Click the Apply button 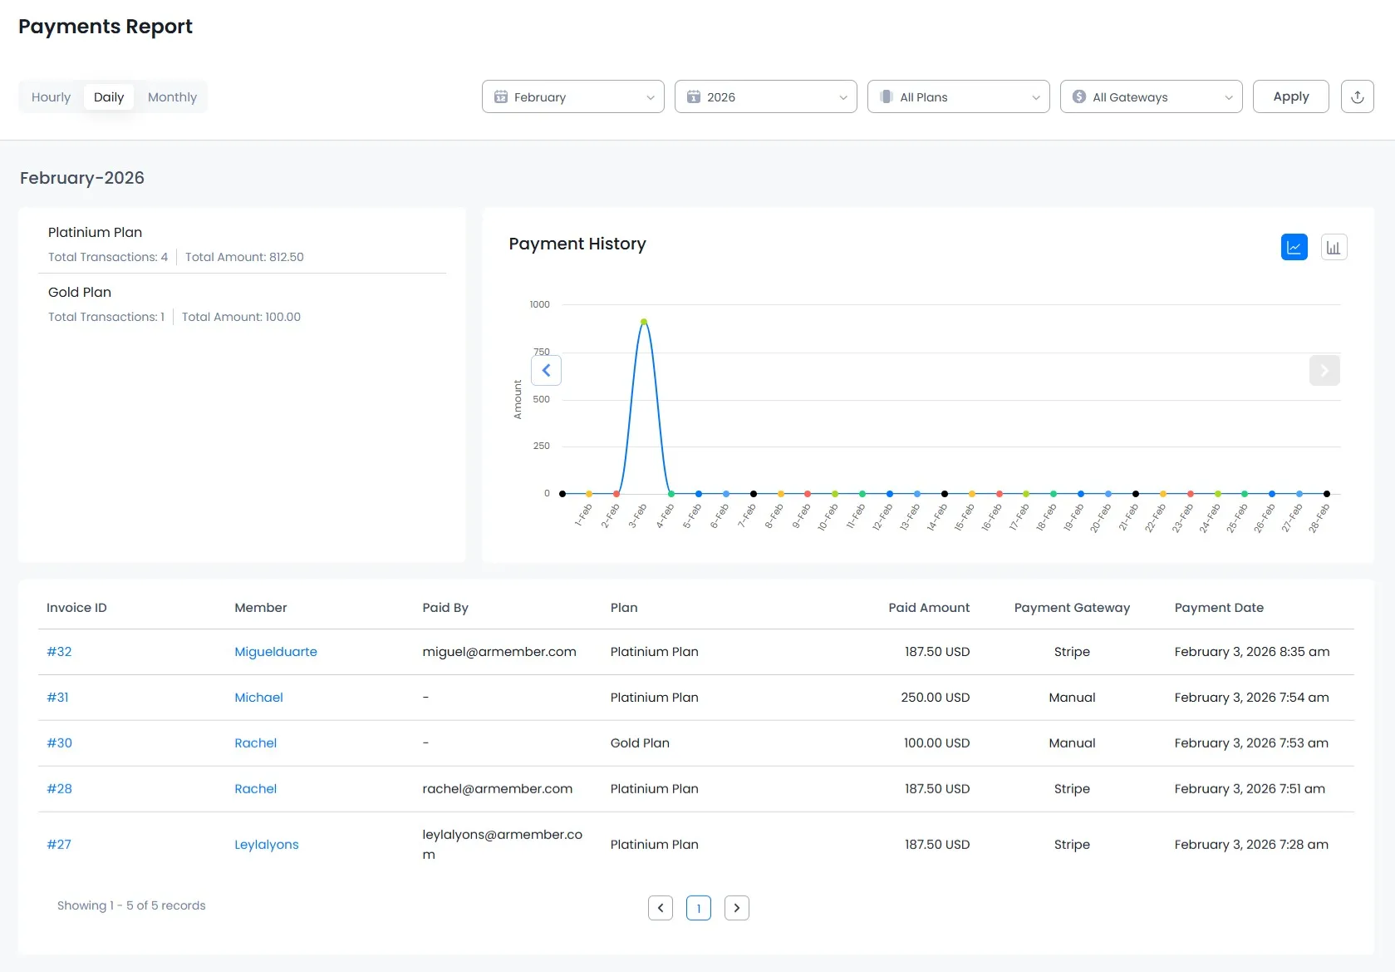click(1290, 96)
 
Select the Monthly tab click(172, 97)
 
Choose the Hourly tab click(51, 97)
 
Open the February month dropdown click(572, 96)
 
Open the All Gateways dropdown click(1151, 96)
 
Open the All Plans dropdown click(958, 96)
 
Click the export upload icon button click(1357, 96)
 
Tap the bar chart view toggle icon click(1334, 247)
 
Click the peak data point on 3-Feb click(644, 322)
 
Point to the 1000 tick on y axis click(539, 304)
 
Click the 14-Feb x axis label click(936, 517)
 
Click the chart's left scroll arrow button click(546, 371)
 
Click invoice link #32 click(59, 652)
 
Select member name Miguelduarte click(275, 652)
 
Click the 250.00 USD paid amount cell click(935, 698)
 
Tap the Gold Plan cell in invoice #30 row click(639, 743)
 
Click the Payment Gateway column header click(1071, 608)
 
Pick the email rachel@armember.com click(497, 789)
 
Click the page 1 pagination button click(698, 908)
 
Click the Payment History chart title click(577, 244)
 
